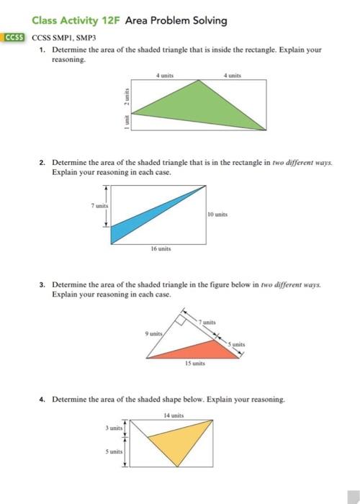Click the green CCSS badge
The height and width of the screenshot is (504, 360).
tap(14, 37)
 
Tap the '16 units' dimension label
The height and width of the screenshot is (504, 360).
tap(160, 248)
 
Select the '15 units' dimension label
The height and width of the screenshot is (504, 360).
tap(197, 364)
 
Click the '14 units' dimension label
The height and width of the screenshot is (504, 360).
tap(174, 415)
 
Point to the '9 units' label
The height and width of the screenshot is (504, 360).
tap(155, 333)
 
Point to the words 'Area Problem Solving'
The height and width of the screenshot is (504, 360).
tap(176, 20)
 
